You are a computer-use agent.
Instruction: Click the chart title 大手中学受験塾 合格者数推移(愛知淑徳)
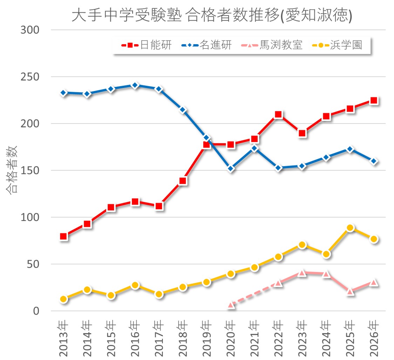click(212, 15)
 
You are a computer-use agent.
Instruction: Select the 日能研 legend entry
click(146, 45)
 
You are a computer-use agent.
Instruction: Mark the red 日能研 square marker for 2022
click(278, 115)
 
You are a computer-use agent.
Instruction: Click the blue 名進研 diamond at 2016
click(135, 85)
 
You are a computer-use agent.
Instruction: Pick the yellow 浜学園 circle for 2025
click(350, 228)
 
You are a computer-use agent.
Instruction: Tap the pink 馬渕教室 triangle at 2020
click(231, 305)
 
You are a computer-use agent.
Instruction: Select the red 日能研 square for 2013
click(63, 236)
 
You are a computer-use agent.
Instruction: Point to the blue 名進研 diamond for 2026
click(374, 161)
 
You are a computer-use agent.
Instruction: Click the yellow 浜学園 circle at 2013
click(63, 299)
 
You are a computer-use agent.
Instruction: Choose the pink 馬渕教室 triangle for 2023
click(302, 273)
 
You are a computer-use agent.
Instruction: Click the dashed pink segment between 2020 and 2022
click(254, 294)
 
